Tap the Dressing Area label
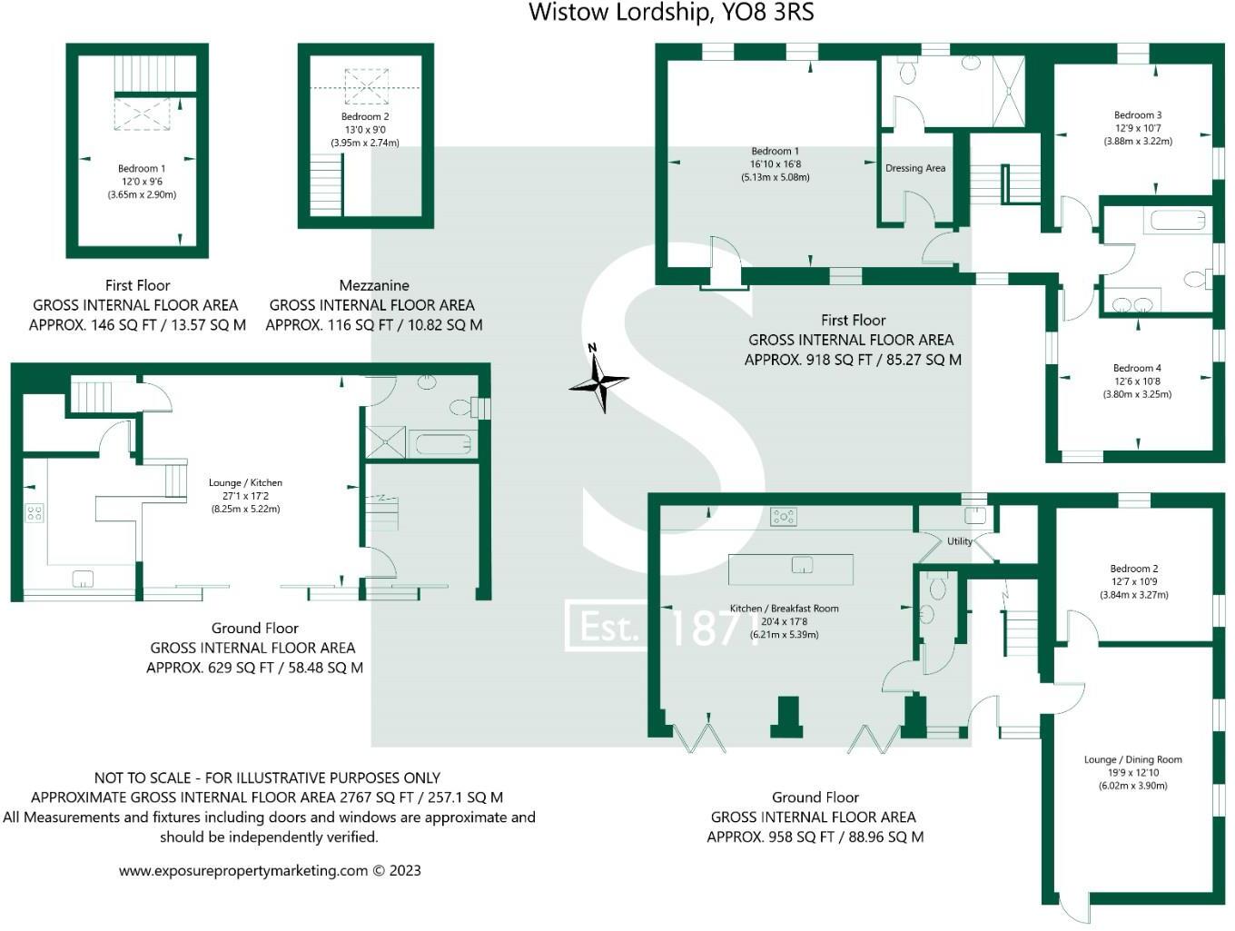click(x=914, y=168)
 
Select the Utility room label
click(x=959, y=541)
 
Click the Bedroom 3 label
click(x=1137, y=115)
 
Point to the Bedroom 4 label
click(x=1137, y=369)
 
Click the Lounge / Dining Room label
click(x=1132, y=759)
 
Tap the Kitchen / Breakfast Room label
click(x=784, y=609)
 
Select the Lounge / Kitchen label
click(x=245, y=483)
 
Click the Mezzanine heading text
click(x=373, y=285)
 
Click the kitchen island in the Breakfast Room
click(x=790, y=569)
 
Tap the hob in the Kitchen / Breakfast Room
click(x=783, y=517)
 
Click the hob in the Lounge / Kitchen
click(x=35, y=514)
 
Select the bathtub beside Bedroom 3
click(x=1177, y=220)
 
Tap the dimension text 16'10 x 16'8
click(x=775, y=164)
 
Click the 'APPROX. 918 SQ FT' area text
click(x=852, y=360)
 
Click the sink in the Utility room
click(x=974, y=516)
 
